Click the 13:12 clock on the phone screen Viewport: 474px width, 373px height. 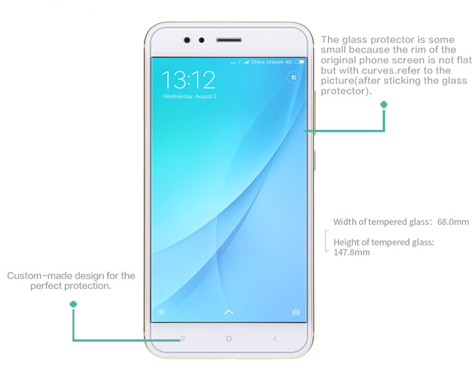tap(189, 80)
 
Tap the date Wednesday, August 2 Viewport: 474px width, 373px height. tap(190, 96)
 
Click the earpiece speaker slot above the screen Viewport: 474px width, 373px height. tap(229, 40)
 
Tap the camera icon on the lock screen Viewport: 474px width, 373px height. tap(296, 312)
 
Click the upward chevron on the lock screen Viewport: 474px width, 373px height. tap(229, 312)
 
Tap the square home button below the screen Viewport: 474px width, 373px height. tap(229, 339)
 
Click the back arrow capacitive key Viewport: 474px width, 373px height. tap(274, 339)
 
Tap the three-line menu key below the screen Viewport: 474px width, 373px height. tap(183, 339)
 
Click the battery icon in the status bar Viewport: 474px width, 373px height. tap(299, 62)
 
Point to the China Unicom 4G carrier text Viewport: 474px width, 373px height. tap(271, 62)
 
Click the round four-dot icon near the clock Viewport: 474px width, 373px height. tap(293, 78)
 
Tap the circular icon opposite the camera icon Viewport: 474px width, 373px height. tap(162, 312)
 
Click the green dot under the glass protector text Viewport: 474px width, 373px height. tap(384, 105)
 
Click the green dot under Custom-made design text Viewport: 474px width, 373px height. tap(73, 304)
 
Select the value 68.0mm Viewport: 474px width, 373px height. tap(453, 222)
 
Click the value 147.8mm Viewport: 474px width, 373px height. tap(351, 252)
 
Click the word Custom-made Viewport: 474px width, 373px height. tap(40, 276)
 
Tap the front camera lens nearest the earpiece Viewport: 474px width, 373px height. tap(201, 40)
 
